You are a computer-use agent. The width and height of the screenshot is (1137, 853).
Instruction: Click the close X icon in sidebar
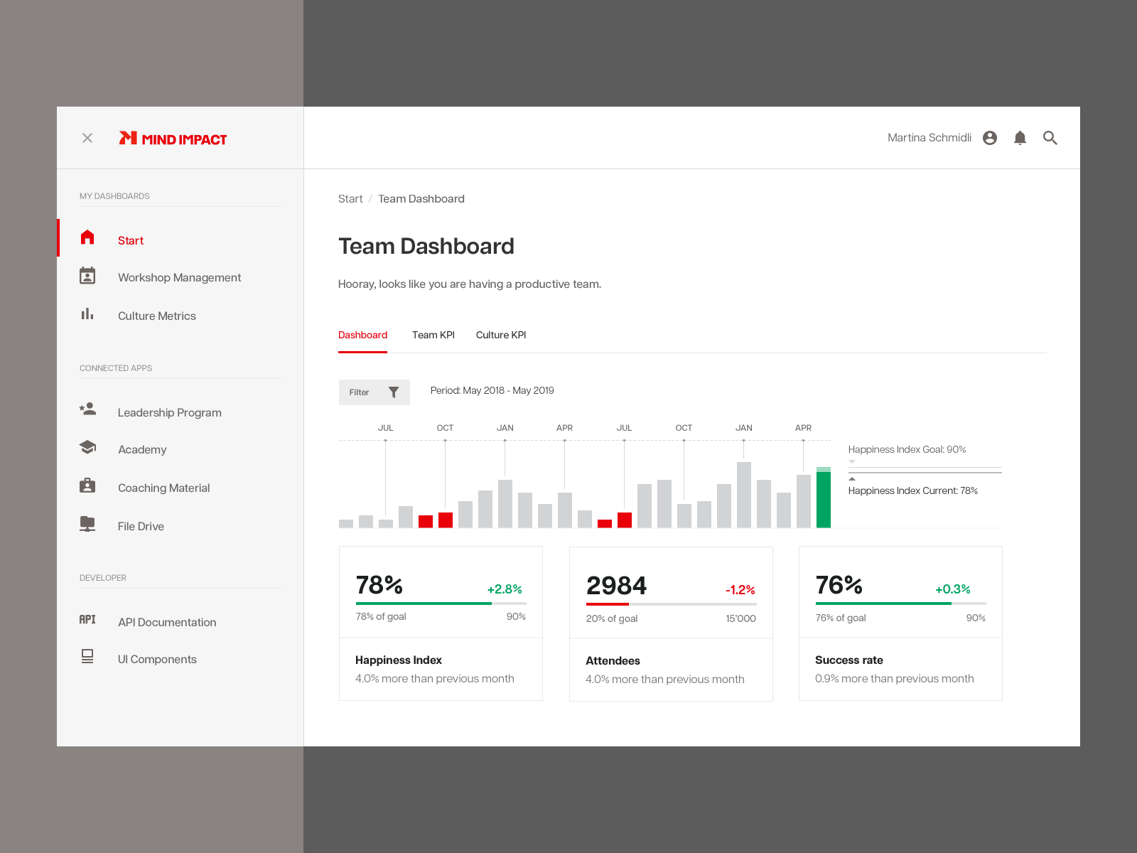[x=87, y=138]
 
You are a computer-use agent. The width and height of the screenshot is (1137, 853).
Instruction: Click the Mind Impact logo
[x=173, y=139]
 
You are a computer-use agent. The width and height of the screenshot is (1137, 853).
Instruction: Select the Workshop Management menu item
[x=179, y=277]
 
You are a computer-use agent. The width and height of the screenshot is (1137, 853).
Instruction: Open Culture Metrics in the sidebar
[x=156, y=316]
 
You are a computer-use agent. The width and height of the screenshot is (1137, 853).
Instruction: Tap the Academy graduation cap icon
[x=87, y=447]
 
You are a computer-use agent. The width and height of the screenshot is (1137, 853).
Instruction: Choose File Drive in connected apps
[x=141, y=526]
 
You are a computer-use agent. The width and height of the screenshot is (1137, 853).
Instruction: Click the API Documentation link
[x=167, y=622]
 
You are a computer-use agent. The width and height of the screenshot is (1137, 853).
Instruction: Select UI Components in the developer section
[x=157, y=659]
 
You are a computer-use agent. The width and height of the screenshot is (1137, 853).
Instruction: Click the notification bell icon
[x=1020, y=138]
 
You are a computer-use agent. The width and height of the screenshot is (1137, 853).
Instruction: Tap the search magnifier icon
[x=1050, y=138]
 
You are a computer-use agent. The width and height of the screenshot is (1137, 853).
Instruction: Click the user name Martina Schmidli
[x=929, y=138]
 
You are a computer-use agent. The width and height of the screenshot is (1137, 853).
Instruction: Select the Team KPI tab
[x=433, y=335]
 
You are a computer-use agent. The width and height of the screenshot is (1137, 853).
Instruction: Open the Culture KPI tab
[x=501, y=335]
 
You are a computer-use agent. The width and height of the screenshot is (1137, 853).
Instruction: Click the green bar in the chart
[x=823, y=499]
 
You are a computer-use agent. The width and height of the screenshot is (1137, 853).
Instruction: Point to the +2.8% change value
[x=505, y=589]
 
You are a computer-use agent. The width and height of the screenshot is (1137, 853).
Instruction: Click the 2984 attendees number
[x=616, y=586]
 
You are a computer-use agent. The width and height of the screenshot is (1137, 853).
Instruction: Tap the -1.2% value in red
[x=740, y=590]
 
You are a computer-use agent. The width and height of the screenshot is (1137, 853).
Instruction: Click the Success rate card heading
[x=848, y=660]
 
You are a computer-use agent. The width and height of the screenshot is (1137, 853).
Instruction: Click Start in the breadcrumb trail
[x=350, y=199]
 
